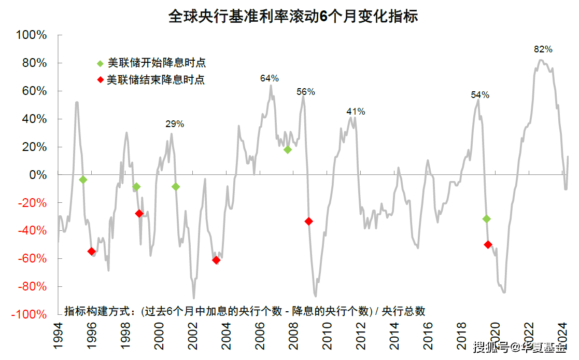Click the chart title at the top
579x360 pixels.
point(293,16)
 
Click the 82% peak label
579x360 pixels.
point(543,49)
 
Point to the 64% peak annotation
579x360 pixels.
point(269,78)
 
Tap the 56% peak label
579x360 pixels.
point(306,92)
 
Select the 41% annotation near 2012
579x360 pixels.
point(356,112)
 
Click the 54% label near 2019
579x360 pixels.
point(480,95)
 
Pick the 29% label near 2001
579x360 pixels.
point(175,124)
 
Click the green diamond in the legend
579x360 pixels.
point(100,64)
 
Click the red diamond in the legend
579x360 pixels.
point(100,80)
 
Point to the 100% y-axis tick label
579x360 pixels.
point(32,35)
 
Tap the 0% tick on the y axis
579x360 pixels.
point(38,175)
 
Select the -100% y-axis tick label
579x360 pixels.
point(29,314)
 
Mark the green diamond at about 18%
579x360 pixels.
point(288,150)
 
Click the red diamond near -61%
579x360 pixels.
point(216,260)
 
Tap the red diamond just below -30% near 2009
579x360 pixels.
point(309,221)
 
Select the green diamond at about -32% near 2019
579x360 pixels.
point(486,219)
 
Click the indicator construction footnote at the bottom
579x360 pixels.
point(245,311)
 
